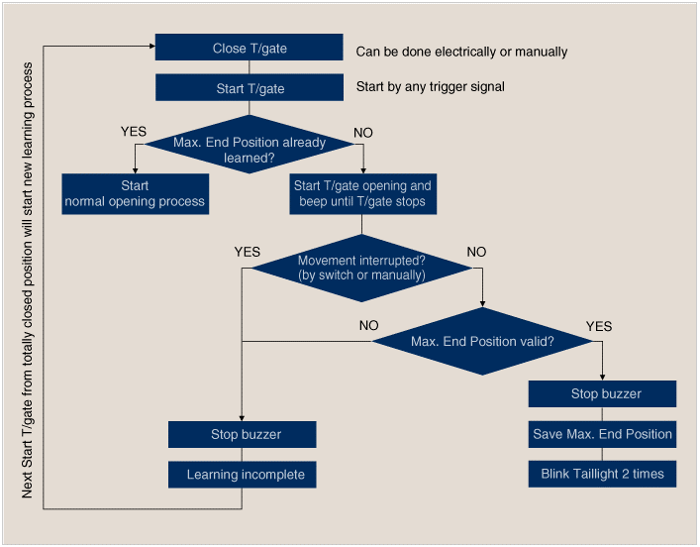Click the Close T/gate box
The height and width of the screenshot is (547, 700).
(250, 47)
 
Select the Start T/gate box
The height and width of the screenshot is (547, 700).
(250, 87)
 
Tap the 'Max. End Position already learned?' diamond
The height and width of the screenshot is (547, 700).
(250, 145)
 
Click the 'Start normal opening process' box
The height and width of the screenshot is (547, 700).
(136, 194)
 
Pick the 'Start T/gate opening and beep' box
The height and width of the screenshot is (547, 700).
(363, 194)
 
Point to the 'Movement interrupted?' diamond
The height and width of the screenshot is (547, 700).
(362, 269)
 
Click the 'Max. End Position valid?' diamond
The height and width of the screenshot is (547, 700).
(482, 342)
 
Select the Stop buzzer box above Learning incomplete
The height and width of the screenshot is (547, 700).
(242, 434)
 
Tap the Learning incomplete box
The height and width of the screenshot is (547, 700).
(242, 475)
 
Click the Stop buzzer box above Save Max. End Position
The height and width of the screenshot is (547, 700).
(602, 393)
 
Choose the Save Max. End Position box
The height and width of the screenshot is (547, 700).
(602, 434)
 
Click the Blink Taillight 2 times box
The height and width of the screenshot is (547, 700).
(602, 474)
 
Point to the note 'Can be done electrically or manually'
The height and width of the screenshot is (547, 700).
(461, 52)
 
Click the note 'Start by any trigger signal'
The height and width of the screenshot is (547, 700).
(431, 86)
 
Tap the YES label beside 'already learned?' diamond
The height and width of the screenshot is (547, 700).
(134, 132)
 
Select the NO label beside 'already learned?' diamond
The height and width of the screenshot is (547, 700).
(363, 133)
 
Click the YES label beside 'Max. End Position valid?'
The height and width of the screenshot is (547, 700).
(599, 326)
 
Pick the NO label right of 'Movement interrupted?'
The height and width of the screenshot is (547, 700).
(476, 252)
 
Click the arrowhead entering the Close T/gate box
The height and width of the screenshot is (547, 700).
(152, 46)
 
